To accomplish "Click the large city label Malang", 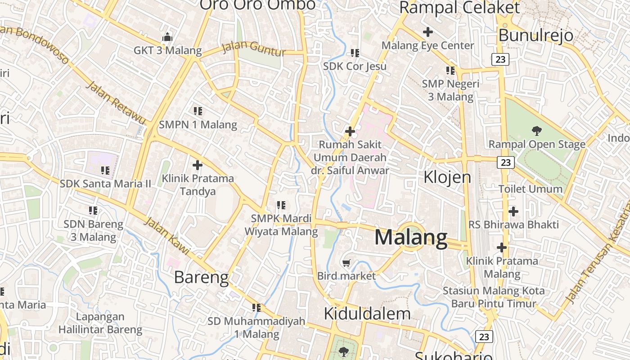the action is [411, 238].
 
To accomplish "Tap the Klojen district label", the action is [447, 177].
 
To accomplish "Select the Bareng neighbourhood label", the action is [201, 277].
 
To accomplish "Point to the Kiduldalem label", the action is [367, 313].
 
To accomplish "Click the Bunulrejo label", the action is [536, 35].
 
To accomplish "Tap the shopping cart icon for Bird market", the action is [346, 263].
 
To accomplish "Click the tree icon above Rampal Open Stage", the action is [536, 131].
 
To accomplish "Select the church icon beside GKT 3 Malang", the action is [167, 37].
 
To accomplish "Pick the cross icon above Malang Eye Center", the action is [427, 32].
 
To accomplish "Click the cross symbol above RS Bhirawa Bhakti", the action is [513, 211].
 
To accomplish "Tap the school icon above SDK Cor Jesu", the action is [355, 53].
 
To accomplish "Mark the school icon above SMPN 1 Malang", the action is [198, 111].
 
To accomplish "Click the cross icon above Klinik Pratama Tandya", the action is [197, 165].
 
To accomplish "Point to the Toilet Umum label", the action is [530, 189].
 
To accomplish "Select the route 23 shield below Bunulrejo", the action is [500, 59].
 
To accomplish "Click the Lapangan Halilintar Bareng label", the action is [100, 323].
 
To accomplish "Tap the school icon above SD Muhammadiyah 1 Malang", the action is [256, 308].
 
